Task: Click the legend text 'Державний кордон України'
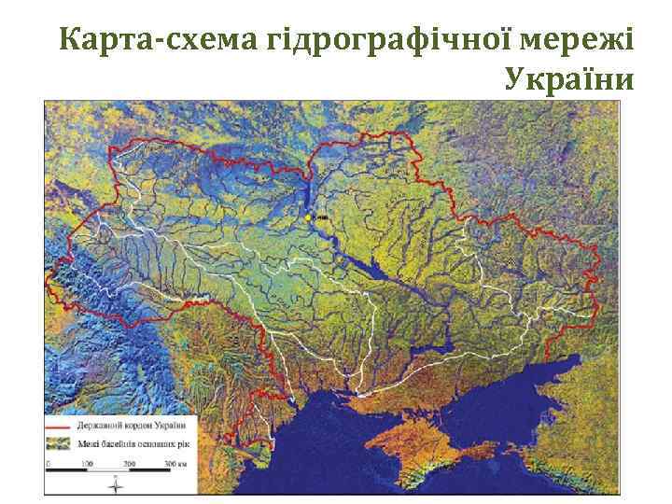point(136,426)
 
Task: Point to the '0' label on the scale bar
point(49,463)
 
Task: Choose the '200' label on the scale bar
point(129,463)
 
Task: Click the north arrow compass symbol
point(115,485)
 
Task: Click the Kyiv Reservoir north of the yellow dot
point(304,191)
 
